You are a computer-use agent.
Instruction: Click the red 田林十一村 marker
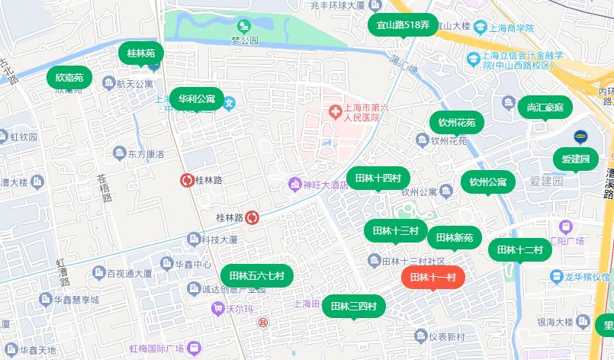click(432, 277)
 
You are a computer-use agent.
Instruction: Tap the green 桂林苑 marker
click(140, 53)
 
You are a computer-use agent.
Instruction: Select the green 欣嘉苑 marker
click(69, 77)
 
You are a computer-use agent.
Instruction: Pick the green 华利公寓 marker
click(196, 99)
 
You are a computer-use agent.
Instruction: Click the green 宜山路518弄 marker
click(403, 25)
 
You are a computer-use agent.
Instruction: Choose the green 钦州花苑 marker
click(456, 122)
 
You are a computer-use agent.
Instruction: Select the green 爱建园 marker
click(576, 159)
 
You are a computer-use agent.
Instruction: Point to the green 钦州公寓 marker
click(487, 182)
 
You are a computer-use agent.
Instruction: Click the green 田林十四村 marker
click(377, 178)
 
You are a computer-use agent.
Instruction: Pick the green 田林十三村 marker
click(395, 230)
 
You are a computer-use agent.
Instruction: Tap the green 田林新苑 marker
click(454, 237)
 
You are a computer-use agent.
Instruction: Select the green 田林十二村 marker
click(519, 249)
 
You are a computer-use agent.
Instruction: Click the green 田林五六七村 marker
click(256, 275)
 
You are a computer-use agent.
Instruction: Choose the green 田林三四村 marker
click(353, 306)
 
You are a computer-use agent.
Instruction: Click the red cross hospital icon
click(334, 112)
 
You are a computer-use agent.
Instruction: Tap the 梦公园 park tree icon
click(243, 25)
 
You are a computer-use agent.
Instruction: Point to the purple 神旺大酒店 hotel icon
click(294, 184)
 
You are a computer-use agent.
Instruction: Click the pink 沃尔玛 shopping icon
click(218, 309)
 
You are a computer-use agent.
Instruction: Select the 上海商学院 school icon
click(480, 27)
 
